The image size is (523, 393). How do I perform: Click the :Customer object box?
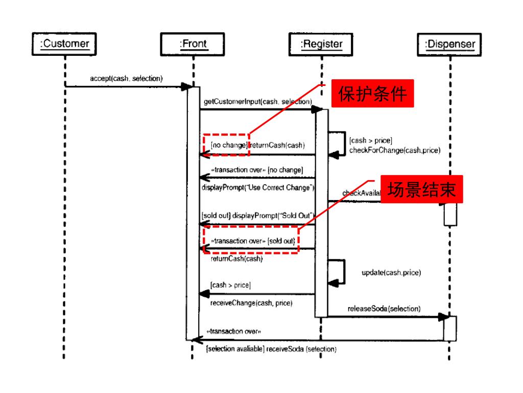point(65,44)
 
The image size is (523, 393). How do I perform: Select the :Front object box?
point(193,44)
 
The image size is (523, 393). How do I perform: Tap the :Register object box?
point(322,44)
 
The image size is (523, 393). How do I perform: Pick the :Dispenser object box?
point(450,45)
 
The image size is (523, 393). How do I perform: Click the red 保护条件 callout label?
point(373,95)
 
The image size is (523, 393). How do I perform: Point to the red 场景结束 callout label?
point(420,190)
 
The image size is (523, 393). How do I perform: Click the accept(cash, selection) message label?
point(126,78)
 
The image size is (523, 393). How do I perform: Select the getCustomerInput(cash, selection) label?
point(258,102)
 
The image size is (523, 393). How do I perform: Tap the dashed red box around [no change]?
point(226,145)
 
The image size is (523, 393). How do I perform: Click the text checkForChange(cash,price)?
point(395,150)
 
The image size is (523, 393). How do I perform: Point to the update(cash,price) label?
point(391,272)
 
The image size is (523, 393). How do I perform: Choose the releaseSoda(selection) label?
point(384,309)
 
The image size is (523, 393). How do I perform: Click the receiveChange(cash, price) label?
point(251,303)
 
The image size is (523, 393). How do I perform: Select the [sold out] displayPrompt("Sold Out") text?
point(258,215)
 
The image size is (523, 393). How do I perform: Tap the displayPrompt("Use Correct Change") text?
point(258,187)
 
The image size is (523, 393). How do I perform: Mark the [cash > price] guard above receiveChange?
point(230,285)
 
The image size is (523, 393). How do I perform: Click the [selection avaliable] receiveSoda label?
point(271,349)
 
